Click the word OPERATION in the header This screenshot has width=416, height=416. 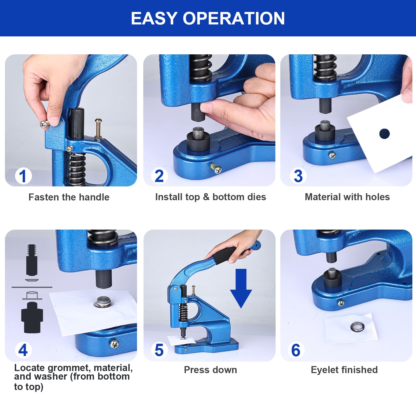(x=234, y=18)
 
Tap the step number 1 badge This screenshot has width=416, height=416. (x=23, y=176)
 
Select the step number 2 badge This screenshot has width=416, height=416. (x=159, y=176)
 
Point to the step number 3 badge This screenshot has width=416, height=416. (x=298, y=176)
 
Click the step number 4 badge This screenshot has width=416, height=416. (x=23, y=350)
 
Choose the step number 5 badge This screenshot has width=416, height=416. (x=159, y=350)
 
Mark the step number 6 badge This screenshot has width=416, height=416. (x=296, y=350)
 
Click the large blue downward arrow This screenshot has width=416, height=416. (x=241, y=288)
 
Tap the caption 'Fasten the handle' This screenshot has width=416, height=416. (x=69, y=197)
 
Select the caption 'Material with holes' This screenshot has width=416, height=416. (x=347, y=197)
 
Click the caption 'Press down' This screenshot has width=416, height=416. (x=210, y=370)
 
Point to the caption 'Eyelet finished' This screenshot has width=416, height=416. (x=344, y=370)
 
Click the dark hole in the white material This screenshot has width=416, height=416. (x=385, y=134)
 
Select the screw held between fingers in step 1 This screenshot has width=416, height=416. (x=44, y=124)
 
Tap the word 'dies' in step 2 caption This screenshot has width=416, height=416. (x=257, y=197)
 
